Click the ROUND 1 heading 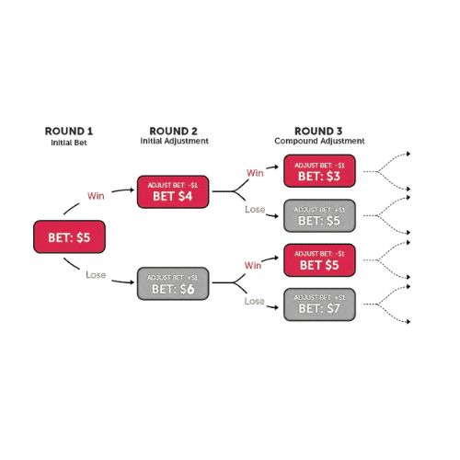(69, 132)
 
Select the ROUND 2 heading (173, 132)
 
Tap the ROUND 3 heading (318, 132)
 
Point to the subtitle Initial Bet (69, 143)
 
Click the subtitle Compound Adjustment (319, 141)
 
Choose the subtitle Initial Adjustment (174, 141)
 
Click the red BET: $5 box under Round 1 (69, 236)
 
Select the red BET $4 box (173, 191)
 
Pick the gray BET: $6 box (173, 283)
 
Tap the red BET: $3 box (319, 171)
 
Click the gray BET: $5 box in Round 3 (319, 215)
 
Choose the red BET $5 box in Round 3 (319, 260)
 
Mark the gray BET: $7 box (319, 305)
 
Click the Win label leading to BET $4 (96, 196)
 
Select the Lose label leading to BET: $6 (96, 275)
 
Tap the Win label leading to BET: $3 (255, 173)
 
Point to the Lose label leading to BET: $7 (254, 301)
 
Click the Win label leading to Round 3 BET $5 (253, 265)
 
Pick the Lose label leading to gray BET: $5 (255, 210)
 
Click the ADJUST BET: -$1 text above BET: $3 (319, 166)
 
